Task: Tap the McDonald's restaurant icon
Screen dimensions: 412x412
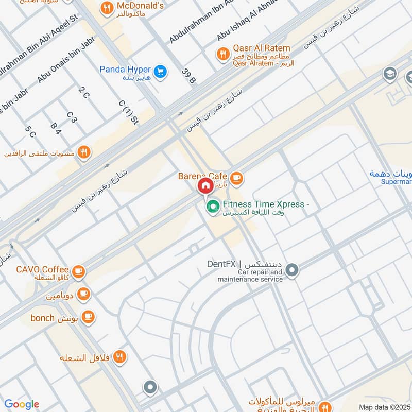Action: (107, 7)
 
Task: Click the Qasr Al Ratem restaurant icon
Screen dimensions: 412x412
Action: (222, 53)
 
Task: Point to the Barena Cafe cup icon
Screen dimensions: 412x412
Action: (236, 178)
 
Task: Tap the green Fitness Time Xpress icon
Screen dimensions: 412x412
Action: (212, 207)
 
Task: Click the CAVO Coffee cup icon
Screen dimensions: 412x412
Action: (78, 271)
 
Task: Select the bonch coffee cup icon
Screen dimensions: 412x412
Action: (88, 317)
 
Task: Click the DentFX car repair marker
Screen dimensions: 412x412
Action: (292, 270)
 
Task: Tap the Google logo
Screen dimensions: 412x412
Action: (22, 404)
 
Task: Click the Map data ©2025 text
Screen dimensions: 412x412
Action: (384, 407)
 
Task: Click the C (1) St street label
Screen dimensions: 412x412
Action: (129, 113)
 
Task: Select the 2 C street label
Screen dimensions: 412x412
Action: (84, 93)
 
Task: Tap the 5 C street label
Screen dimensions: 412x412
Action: (30, 132)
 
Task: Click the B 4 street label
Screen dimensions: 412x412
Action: (56, 128)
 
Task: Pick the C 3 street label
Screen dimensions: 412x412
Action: (72, 117)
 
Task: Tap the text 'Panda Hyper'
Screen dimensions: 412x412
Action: (125, 70)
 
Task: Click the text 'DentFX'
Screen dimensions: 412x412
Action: (221, 264)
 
